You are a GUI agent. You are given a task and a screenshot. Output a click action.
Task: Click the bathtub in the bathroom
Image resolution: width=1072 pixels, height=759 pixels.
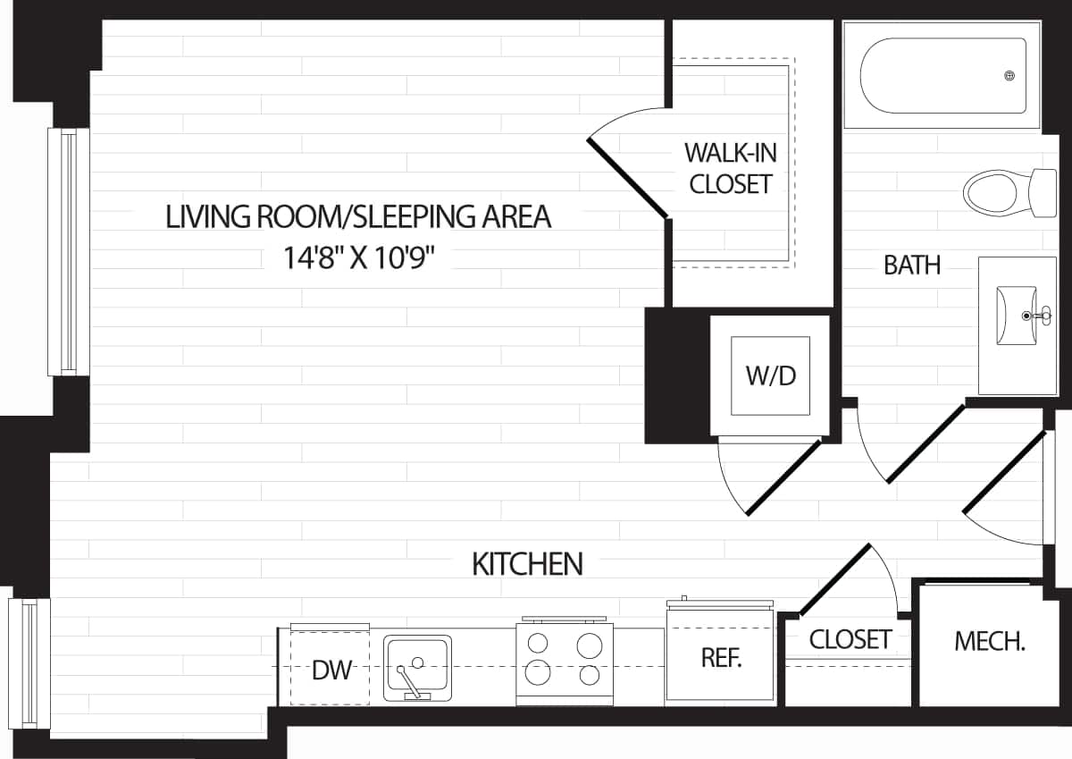click(942, 76)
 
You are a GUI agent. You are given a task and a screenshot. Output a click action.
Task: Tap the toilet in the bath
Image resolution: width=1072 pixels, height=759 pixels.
click(1005, 190)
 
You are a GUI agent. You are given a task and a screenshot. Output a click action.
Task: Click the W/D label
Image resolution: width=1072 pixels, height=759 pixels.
click(770, 375)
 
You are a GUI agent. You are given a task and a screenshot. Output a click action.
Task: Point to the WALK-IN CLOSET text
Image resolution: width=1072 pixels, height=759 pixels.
click(731, 168)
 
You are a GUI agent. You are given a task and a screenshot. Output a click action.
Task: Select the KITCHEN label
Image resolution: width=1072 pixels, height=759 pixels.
click(527, 564)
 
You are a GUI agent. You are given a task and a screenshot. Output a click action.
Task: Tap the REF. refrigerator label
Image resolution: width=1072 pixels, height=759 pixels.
click(720, 659)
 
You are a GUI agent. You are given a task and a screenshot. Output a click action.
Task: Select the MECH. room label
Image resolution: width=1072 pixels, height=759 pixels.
click(989, 641)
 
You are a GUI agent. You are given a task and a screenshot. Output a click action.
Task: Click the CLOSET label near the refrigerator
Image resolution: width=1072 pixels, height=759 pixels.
click(850, 639)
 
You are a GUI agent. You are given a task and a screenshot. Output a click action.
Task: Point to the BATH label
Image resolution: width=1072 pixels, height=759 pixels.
click(911, 266)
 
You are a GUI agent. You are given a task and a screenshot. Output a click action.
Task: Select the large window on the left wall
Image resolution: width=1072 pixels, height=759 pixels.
click(68, 251)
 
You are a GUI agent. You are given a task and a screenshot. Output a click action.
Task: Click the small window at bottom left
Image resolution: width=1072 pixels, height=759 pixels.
click(29, 662)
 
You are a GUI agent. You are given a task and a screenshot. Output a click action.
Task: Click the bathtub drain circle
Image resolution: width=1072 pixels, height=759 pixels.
click(1010, 76)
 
